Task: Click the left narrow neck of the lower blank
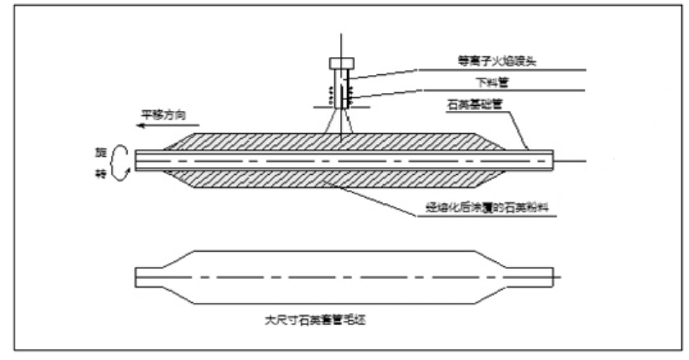[x=158, y=276]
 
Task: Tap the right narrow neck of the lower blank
[x=533, y=276]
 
